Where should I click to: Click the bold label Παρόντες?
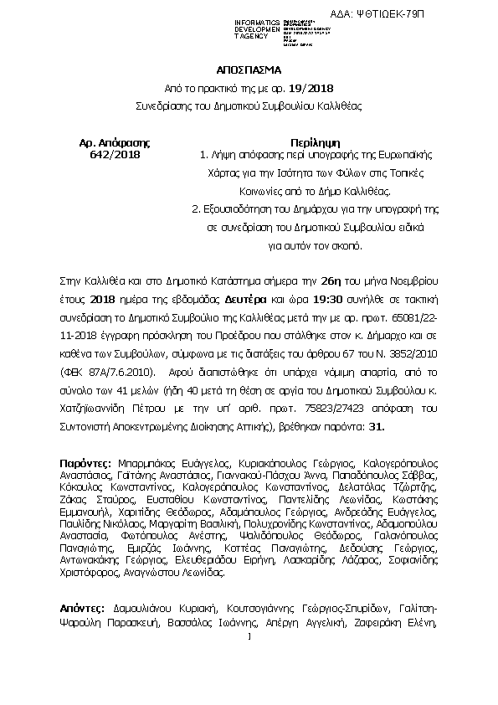click(86, 461)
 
